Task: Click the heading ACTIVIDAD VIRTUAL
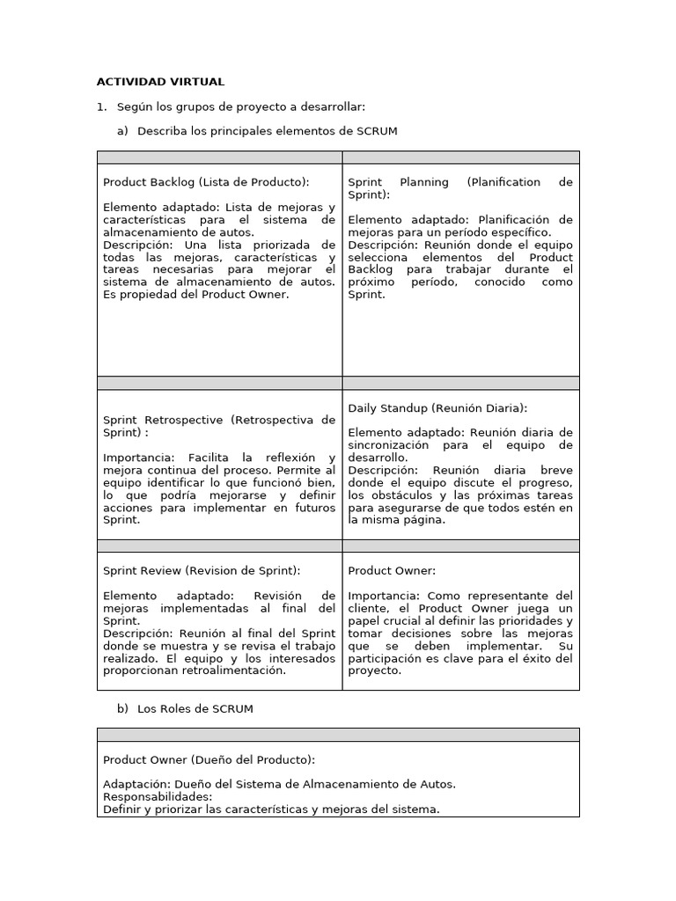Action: tap(160, 82)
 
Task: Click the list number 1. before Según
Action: tap(101, 106)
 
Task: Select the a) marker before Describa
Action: tap(122, 131)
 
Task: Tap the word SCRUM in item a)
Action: tap(377, 131)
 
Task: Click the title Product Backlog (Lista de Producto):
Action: tap(206, 182)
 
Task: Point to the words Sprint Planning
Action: tap(399, 182)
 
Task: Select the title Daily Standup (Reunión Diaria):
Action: tap(437, 408)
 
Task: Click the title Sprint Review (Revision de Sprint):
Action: tap(202, 570)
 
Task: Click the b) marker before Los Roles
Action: tap(122, 708)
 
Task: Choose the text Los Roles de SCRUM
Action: tap(195, 708)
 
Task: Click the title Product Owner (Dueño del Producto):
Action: tap(209, 759)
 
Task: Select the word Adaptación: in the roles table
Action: tap(136, 784)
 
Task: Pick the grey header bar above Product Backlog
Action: tap(219, 157)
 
